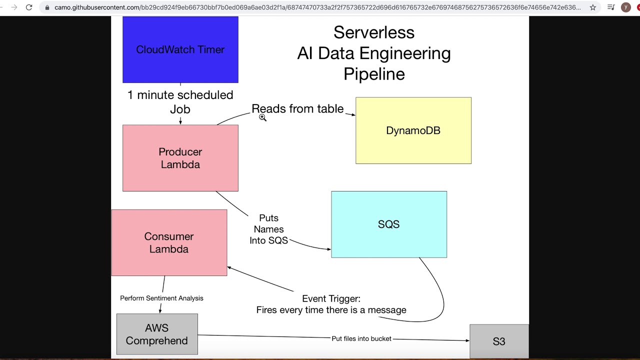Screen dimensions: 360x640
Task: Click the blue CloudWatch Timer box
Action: point(180,49)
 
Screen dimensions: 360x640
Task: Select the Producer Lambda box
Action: point(180,158)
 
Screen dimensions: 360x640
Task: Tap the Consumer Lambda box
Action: point(169,242)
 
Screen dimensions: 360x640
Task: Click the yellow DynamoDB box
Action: point(413,130)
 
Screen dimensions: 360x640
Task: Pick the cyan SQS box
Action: point(388,224)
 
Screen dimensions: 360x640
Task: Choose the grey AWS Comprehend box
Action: point(157,334)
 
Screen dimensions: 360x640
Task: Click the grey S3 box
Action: point(498,341)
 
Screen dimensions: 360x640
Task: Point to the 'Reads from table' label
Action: point(297,108)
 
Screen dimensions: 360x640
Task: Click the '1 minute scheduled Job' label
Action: point(180,101)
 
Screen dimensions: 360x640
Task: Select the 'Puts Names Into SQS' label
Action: point(269,229)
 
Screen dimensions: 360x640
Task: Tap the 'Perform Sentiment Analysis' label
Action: point(161,298)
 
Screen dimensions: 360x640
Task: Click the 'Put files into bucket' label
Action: point(361,338)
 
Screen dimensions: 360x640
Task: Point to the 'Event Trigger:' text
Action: point(331,298)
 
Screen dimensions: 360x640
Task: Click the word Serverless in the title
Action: point(373,32)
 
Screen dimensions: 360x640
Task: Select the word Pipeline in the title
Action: point(373,74)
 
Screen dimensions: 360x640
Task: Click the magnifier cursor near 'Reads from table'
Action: point(262,117)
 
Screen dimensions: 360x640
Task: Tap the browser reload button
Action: point(29,7)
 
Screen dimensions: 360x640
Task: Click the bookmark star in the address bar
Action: point(592,7)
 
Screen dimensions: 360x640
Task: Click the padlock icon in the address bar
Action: point(47,7)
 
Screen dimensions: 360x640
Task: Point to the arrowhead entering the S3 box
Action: point(467,340)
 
